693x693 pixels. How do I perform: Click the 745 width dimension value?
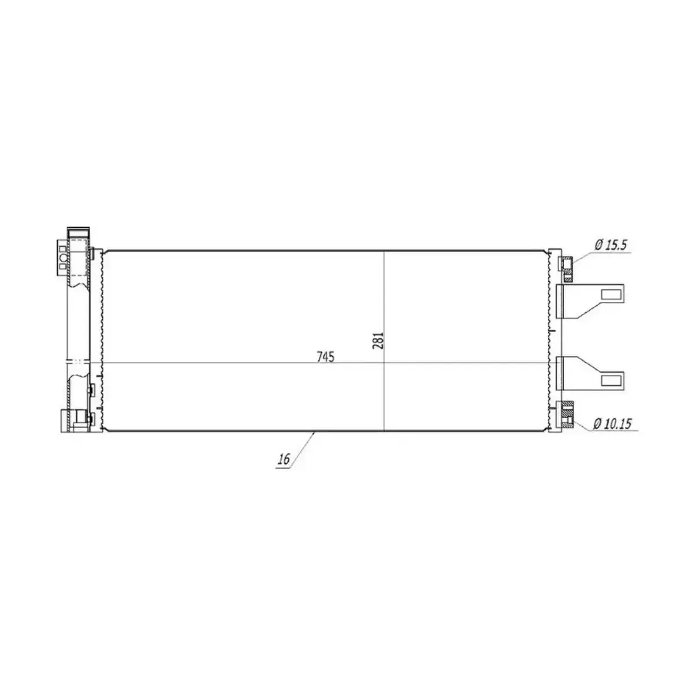326,357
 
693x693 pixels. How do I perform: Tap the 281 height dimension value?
378,341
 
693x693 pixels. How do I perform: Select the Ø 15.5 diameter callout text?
610,245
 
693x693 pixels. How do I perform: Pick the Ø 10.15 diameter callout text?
612,424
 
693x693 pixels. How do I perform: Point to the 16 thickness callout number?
284,459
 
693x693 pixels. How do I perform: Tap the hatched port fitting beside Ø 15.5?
567,270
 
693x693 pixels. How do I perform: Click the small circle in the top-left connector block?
62,258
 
